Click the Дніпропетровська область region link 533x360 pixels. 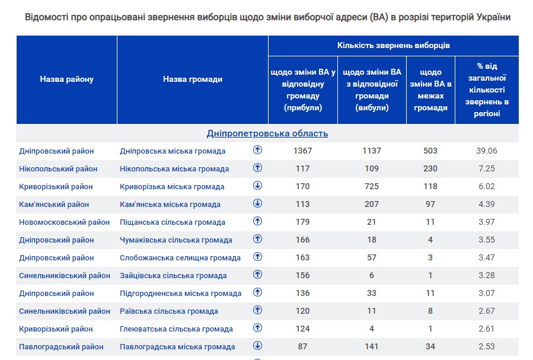267,133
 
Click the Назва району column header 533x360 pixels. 67,79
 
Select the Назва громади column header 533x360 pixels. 193,79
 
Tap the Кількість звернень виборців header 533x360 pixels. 394,45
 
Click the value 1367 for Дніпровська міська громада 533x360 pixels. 302,151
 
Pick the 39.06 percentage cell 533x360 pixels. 487,151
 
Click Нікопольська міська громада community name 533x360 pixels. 174,169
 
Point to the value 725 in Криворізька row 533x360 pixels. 372,186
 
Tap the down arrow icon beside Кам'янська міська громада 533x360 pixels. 257,203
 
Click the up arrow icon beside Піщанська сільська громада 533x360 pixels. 257,221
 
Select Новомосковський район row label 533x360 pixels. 65,222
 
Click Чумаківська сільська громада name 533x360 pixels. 176,240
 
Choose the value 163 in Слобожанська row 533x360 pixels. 302,257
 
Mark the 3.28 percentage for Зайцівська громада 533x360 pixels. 487,275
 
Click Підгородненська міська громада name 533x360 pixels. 181,294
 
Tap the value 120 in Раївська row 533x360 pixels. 302,311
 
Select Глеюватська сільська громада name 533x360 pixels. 176,329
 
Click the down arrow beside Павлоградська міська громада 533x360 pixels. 257,346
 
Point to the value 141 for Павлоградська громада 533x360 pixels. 372,346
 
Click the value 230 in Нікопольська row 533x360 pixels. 430,168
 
